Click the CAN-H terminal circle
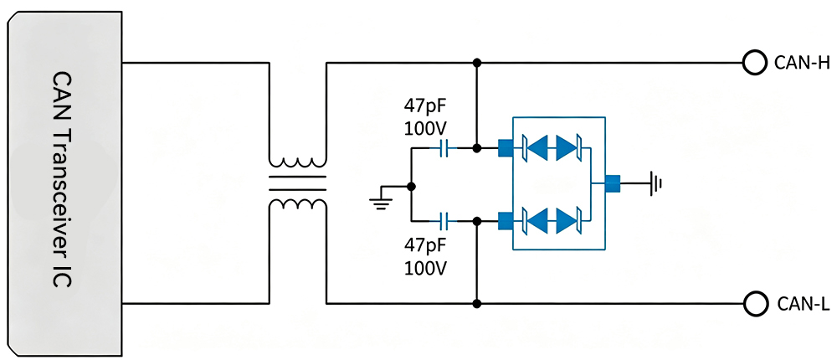(753, 63)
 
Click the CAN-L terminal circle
(753, 304)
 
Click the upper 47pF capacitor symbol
(445, 148)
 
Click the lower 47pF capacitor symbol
(445, 219)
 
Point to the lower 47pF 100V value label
(425, 255)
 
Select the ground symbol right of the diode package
(656, 183)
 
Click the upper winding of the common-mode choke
(298, 162)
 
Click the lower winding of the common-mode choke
(298, 205)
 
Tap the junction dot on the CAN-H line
(477, 63)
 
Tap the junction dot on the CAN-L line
(477, 304)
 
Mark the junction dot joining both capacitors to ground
(411, 187)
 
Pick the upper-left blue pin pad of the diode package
(505, 148)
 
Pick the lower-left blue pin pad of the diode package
(505, 220)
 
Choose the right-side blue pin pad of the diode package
(613, 183)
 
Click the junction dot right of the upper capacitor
(477, 148)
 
